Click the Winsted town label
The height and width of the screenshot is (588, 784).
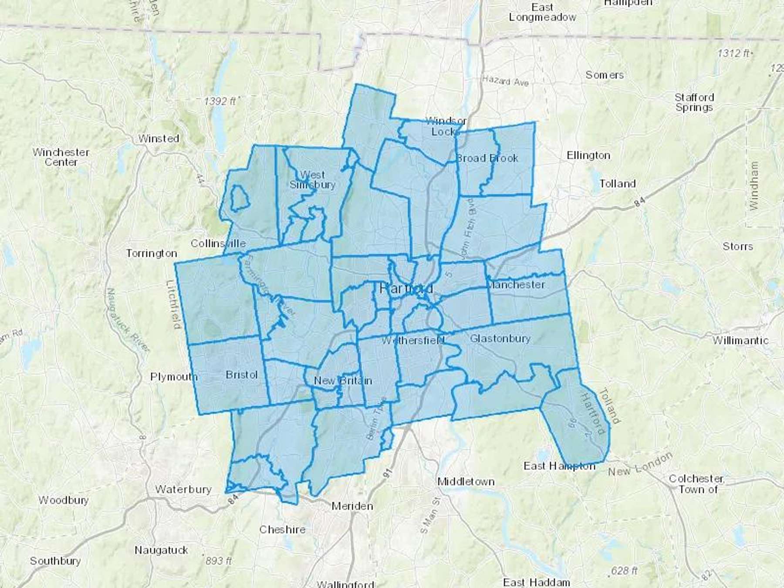(159, 139)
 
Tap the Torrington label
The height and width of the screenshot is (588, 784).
(152, 253)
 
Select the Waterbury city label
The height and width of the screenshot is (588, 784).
(183, 489)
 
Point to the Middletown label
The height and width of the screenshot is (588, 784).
(466, 481)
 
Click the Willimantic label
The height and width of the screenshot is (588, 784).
(740, 340)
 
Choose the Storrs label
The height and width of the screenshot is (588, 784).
(737, 246)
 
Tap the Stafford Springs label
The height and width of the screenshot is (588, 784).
(694, 102)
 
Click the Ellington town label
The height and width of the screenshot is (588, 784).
(588, 155)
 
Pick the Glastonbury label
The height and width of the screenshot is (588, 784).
(500, 338)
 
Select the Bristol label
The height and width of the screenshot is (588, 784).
(242, 375)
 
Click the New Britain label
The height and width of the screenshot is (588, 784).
(343, 381)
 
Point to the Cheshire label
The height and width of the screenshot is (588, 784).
(282, 529)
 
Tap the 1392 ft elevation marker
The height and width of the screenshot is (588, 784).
(220, 101)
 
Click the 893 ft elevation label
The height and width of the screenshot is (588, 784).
(218, 561)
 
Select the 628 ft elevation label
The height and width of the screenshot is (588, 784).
(624, 570)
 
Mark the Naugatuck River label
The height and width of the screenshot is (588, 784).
(128, 320)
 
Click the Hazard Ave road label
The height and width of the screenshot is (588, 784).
(505, 81)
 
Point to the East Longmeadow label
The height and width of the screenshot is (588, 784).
(542, 12)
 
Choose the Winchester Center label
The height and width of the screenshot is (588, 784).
(61, 157)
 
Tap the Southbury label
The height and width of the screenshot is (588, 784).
(55, 561)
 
